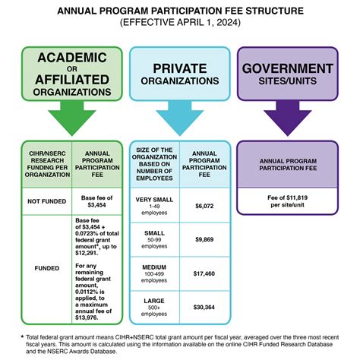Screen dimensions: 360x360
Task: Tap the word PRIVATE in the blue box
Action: click(x=179, y=68)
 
